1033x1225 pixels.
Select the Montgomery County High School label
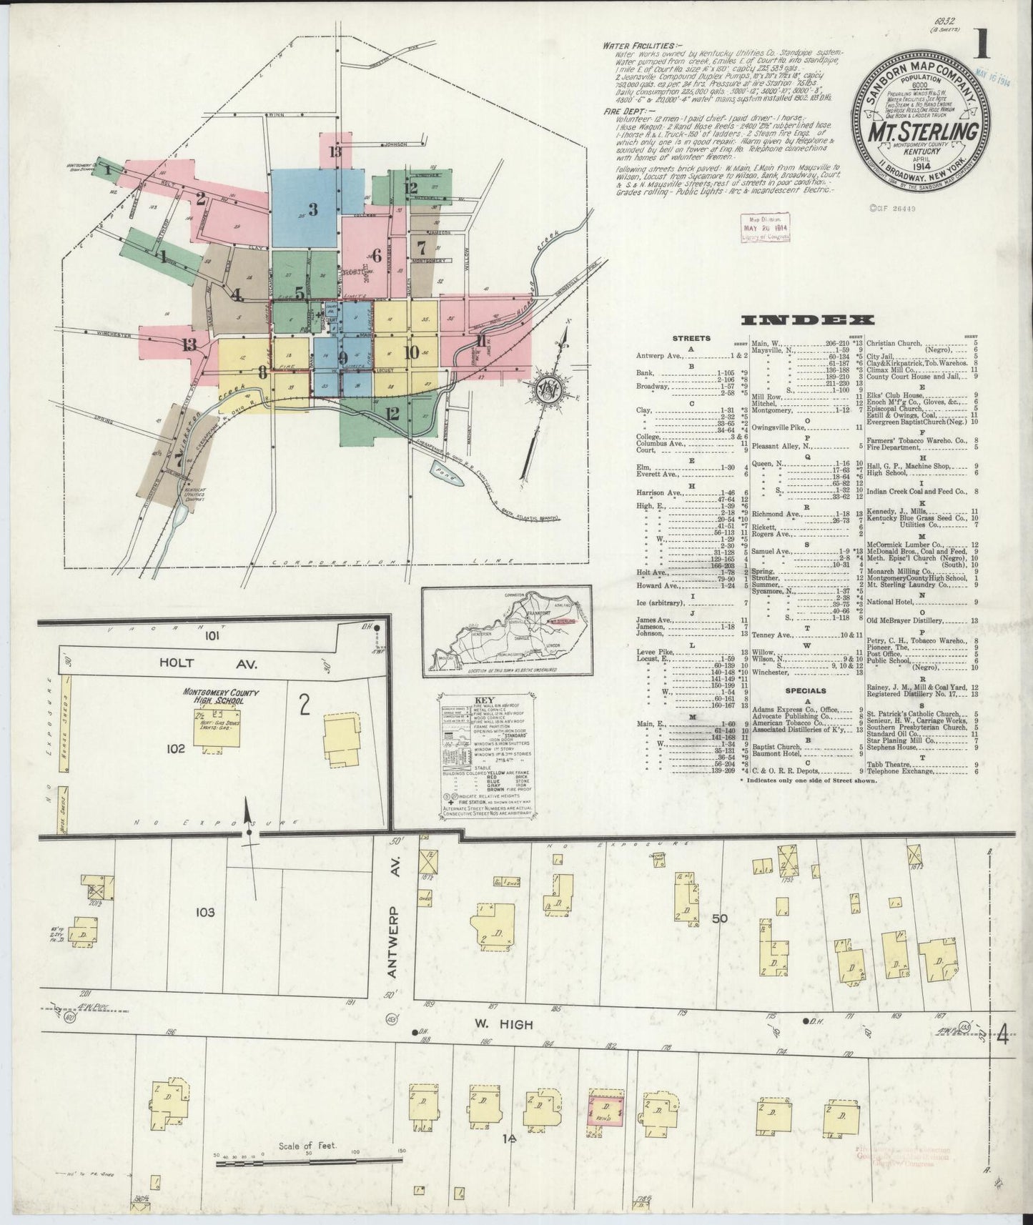click(x=213, y=698)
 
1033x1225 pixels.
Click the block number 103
click(x=204, y=912)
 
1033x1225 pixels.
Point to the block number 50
click(x=718, y=918)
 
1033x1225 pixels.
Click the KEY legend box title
click(x=485, y=702)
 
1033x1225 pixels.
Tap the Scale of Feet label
click(x=307, y=1146)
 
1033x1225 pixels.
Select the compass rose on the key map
click(x=548, y=391)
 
